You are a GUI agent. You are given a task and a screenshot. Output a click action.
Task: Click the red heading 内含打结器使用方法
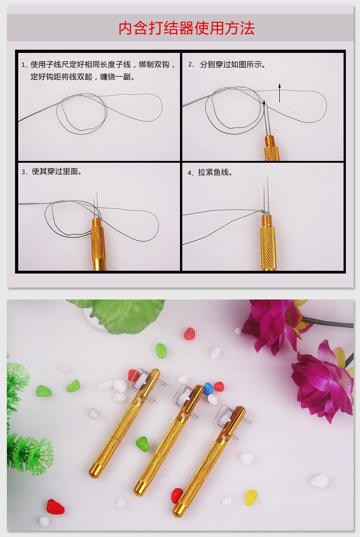(x=186, y=28)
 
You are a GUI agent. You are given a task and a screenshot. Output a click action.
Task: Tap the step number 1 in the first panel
(x=23, y=65)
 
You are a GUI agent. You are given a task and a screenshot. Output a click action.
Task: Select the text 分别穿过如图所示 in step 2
(x=232, y=64)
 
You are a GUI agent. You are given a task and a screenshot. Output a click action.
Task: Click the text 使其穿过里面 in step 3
(x=57, y=172)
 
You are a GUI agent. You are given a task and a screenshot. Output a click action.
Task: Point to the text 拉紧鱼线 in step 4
(x=215, y=172)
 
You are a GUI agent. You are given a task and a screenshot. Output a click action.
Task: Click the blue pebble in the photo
(x=208, y=387)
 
